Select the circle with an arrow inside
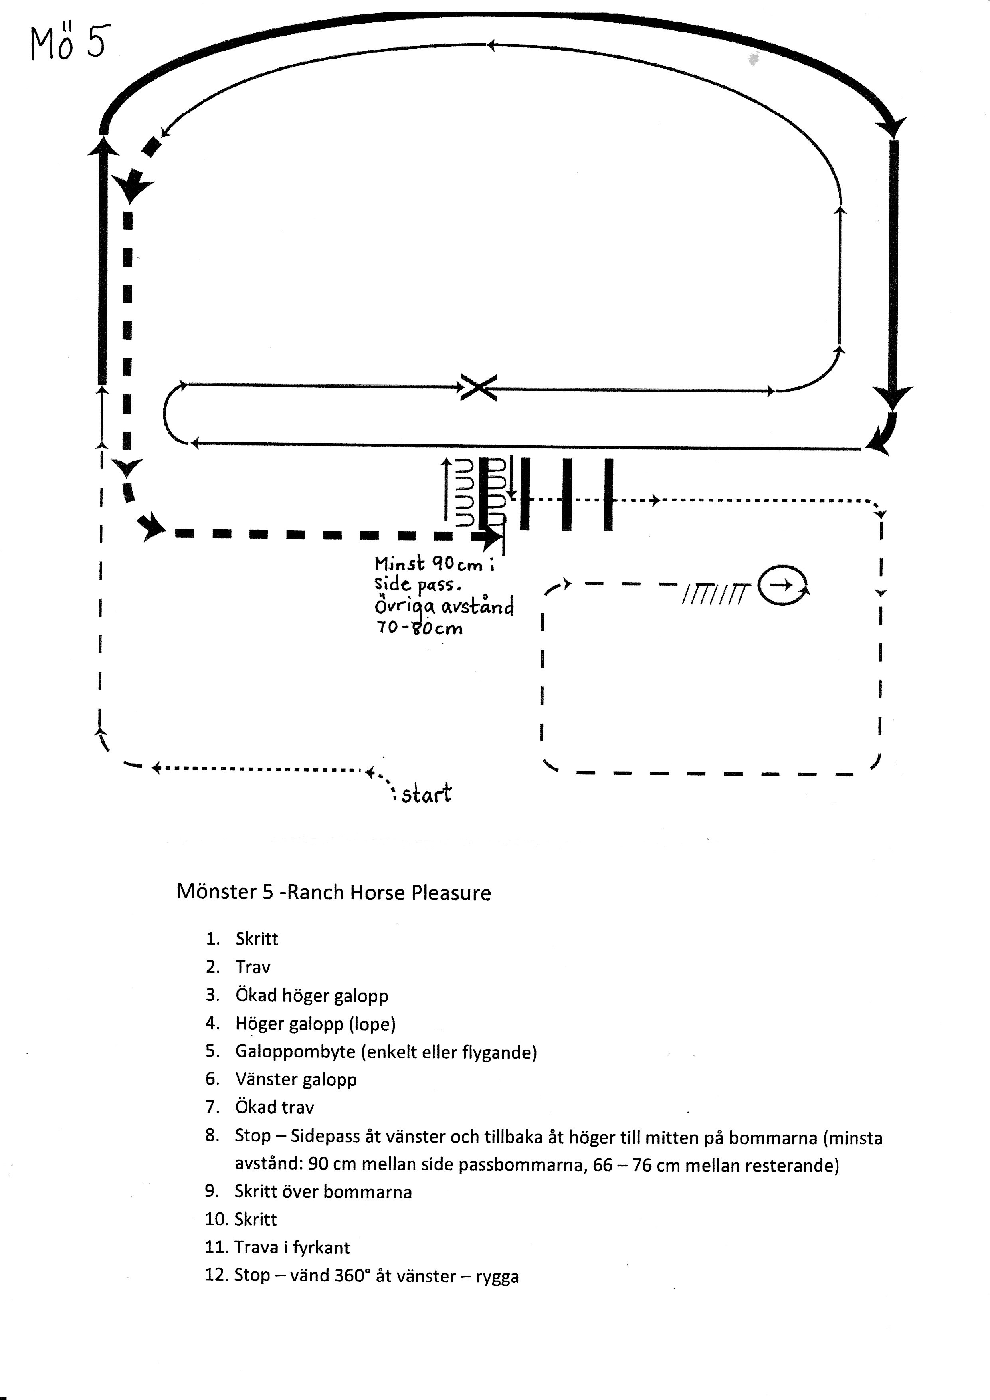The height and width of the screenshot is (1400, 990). click(783, 585)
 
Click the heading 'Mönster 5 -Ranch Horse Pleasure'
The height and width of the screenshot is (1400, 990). click(333, 893)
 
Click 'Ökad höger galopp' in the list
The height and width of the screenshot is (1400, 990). click(311, 996)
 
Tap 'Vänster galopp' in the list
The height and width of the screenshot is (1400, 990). click(296, 1079)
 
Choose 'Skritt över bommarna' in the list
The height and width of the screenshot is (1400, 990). click(323, 1192)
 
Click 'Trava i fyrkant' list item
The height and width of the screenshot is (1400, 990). click(292, 1248)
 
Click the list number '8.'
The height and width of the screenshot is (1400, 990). click(212, 1135)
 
